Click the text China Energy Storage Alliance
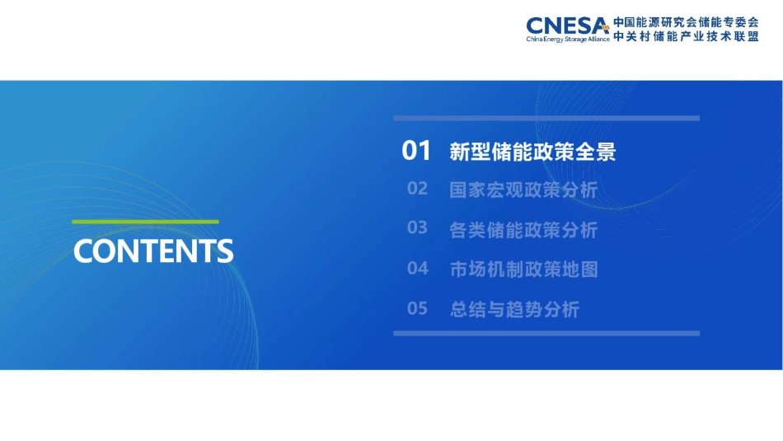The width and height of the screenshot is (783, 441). [x=568, y=39]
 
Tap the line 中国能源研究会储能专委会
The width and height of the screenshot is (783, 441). [x=686, y=22]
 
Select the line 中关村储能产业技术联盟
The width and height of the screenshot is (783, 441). [x=686, y=37]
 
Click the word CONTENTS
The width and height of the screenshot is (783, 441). [x=153, y=251]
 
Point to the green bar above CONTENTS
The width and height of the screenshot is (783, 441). [x=145, y=222]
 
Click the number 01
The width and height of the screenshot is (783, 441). [x=416, y=151]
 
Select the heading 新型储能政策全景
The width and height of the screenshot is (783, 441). [x=532, y=152]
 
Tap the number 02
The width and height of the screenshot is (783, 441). [x=417, y=189]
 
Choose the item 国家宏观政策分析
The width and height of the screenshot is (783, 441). [x=523, y=190]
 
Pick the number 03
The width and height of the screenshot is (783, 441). [x=417, y=228]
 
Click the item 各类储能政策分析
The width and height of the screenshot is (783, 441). [x=523, y=230]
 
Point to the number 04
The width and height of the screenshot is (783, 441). [x=417, y=268]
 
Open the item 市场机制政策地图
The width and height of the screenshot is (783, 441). [x=523, y=270]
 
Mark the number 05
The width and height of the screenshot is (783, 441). [x=417, y=309]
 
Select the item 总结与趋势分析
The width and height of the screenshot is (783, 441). [x=514, y=310]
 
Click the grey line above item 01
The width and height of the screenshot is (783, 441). [x=546, y=118]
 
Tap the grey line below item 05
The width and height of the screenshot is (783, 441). [x=546, y=333]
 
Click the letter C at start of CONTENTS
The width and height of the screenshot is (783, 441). [x=82, y=251]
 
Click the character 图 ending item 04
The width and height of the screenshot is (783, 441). [x=588, y=270]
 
